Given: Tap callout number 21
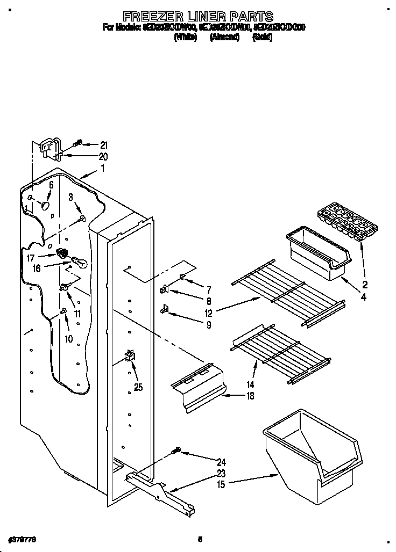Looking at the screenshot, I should click(x=104, y=145).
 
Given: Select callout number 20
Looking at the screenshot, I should click(x=103, y=157).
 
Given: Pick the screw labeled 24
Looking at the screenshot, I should click(x=178, y=452).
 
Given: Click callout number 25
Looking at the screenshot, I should click(x=138, y=384).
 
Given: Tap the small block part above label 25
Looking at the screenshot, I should click(x=130, y=356).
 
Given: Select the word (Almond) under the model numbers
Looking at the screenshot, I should click(x=224, y=38).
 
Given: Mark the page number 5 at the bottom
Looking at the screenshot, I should click(x=200, y=539).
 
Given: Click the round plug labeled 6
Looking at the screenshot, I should click(x=47, y=206).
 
